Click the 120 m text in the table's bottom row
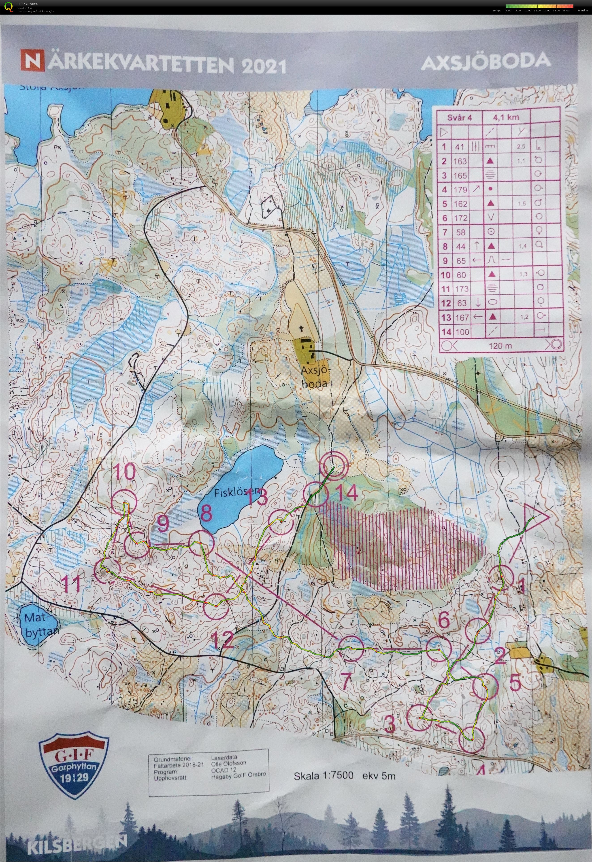(x=500, y=346)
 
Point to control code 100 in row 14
(x=462, y=332)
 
